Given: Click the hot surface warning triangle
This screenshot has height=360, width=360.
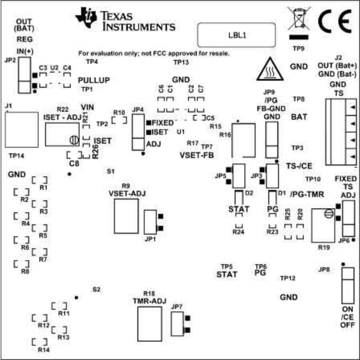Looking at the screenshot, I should [x=267, y=68].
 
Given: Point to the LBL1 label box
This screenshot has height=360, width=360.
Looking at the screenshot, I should [x=236, y=35].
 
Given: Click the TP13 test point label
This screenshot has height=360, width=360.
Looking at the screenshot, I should [x=181, y=62].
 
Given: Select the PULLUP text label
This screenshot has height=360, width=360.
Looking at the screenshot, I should [x=94, y=80].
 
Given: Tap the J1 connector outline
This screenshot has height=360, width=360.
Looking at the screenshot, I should [x=22, y=129].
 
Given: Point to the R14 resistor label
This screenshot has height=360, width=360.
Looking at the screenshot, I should [x=44, y=350].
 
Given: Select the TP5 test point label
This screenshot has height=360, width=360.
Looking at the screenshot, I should [x=227, y=266].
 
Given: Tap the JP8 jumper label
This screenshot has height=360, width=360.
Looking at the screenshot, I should [x=324, y=270].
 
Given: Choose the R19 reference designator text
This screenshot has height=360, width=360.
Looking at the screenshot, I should [x=324, y=247].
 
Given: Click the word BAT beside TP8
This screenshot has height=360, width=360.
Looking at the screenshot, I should [x=299, y=117].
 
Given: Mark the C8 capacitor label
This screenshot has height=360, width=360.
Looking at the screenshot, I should [x=74, y=163].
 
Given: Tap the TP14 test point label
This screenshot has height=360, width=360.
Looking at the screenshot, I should [x=16, y=155].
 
